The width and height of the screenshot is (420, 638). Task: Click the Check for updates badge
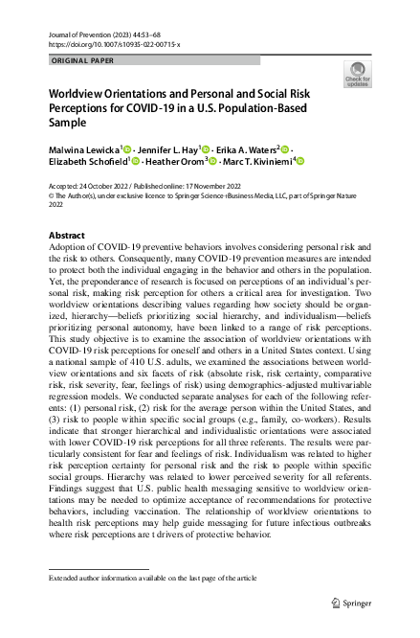coord(357,76)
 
